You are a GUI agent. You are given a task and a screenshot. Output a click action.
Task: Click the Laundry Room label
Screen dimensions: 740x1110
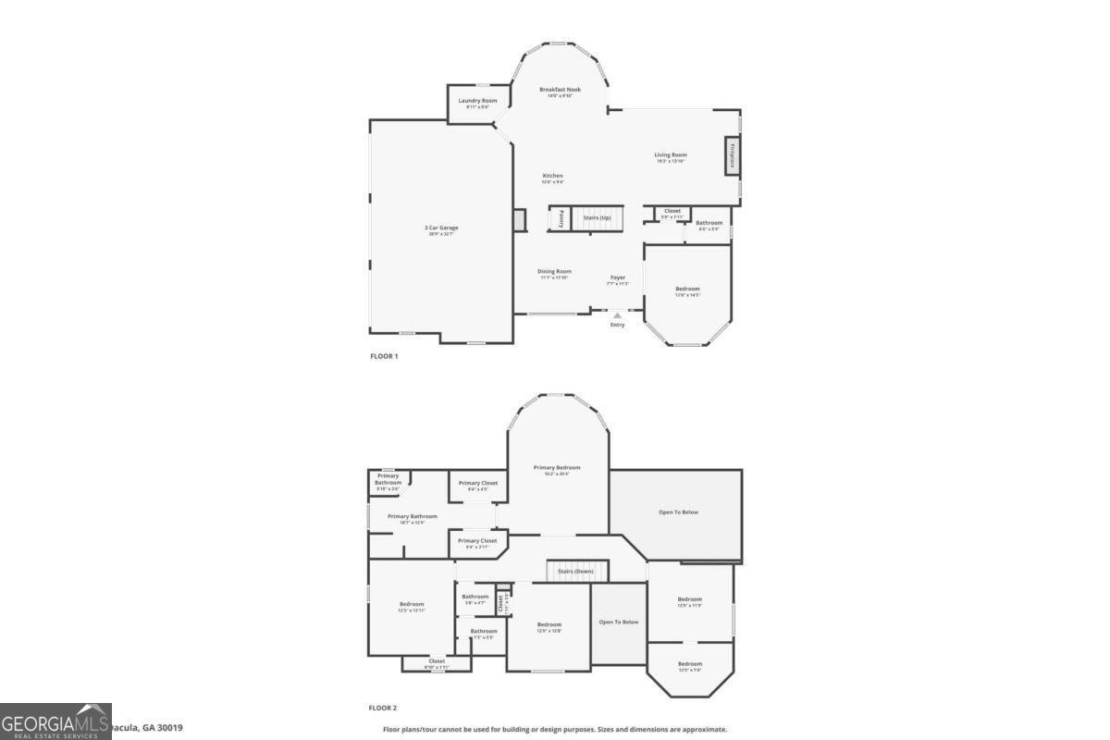point(476,100)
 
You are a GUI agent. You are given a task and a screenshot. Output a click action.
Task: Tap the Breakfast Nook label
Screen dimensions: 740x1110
point(560,89)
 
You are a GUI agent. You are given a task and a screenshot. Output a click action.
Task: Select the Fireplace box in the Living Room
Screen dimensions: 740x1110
point(732,155)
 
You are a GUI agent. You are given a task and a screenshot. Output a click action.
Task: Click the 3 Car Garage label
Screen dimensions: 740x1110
point(441,228)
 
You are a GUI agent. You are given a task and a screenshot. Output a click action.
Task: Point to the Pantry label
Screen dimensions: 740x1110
point(561,219)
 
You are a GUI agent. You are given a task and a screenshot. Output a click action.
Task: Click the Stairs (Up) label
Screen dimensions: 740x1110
point(597,217)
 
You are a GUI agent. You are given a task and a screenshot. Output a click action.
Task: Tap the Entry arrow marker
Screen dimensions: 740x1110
point(617,315)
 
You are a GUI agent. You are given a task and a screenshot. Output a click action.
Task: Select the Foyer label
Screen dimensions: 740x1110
point(617,277)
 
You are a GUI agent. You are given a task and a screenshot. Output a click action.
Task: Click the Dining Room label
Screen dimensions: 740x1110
point(554,271)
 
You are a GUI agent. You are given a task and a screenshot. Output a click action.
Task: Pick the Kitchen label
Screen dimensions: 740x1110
point(552,176)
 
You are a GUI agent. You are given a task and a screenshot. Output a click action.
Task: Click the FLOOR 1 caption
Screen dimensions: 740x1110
point(383,356)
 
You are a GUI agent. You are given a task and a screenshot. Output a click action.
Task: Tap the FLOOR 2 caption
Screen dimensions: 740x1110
point(383,708)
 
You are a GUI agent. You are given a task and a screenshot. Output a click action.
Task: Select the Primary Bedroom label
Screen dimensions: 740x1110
point(557,467)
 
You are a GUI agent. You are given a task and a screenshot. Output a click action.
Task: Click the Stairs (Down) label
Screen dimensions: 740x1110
point(575,571)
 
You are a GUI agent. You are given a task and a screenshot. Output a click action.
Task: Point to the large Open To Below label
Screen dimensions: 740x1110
point(678,512)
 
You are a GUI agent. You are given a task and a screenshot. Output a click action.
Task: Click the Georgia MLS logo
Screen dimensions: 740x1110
point(55,721)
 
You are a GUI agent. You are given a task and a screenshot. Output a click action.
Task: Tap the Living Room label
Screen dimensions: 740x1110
point(671,154)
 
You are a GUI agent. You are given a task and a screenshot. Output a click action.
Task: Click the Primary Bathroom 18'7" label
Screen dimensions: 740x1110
point(412,516)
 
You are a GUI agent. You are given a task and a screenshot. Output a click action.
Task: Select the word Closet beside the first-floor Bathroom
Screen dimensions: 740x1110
point(672,211)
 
